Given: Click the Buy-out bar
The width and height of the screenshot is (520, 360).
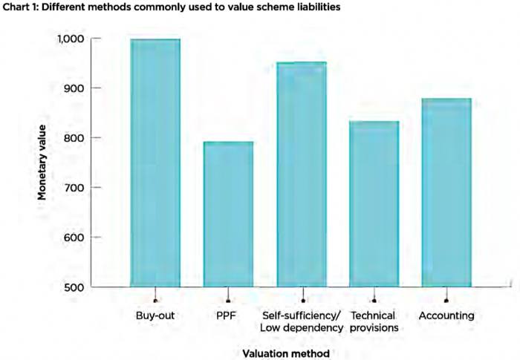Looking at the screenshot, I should coord(155,163).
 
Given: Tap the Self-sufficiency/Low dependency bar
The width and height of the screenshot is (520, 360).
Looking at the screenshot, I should coord(301,174).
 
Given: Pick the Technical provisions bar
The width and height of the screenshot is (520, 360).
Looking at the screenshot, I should coord(374,203).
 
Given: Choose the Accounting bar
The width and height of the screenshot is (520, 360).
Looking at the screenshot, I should coord(446,192).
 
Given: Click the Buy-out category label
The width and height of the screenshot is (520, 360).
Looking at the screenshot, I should coord(155,316).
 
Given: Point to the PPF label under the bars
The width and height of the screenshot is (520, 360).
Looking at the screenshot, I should coord(228,316).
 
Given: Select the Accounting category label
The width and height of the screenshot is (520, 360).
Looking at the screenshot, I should coord(446,316).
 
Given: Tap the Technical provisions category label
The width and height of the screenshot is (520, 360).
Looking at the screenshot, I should coord(374,321).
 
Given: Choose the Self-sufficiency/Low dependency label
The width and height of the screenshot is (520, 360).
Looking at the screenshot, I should coord(301,321).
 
